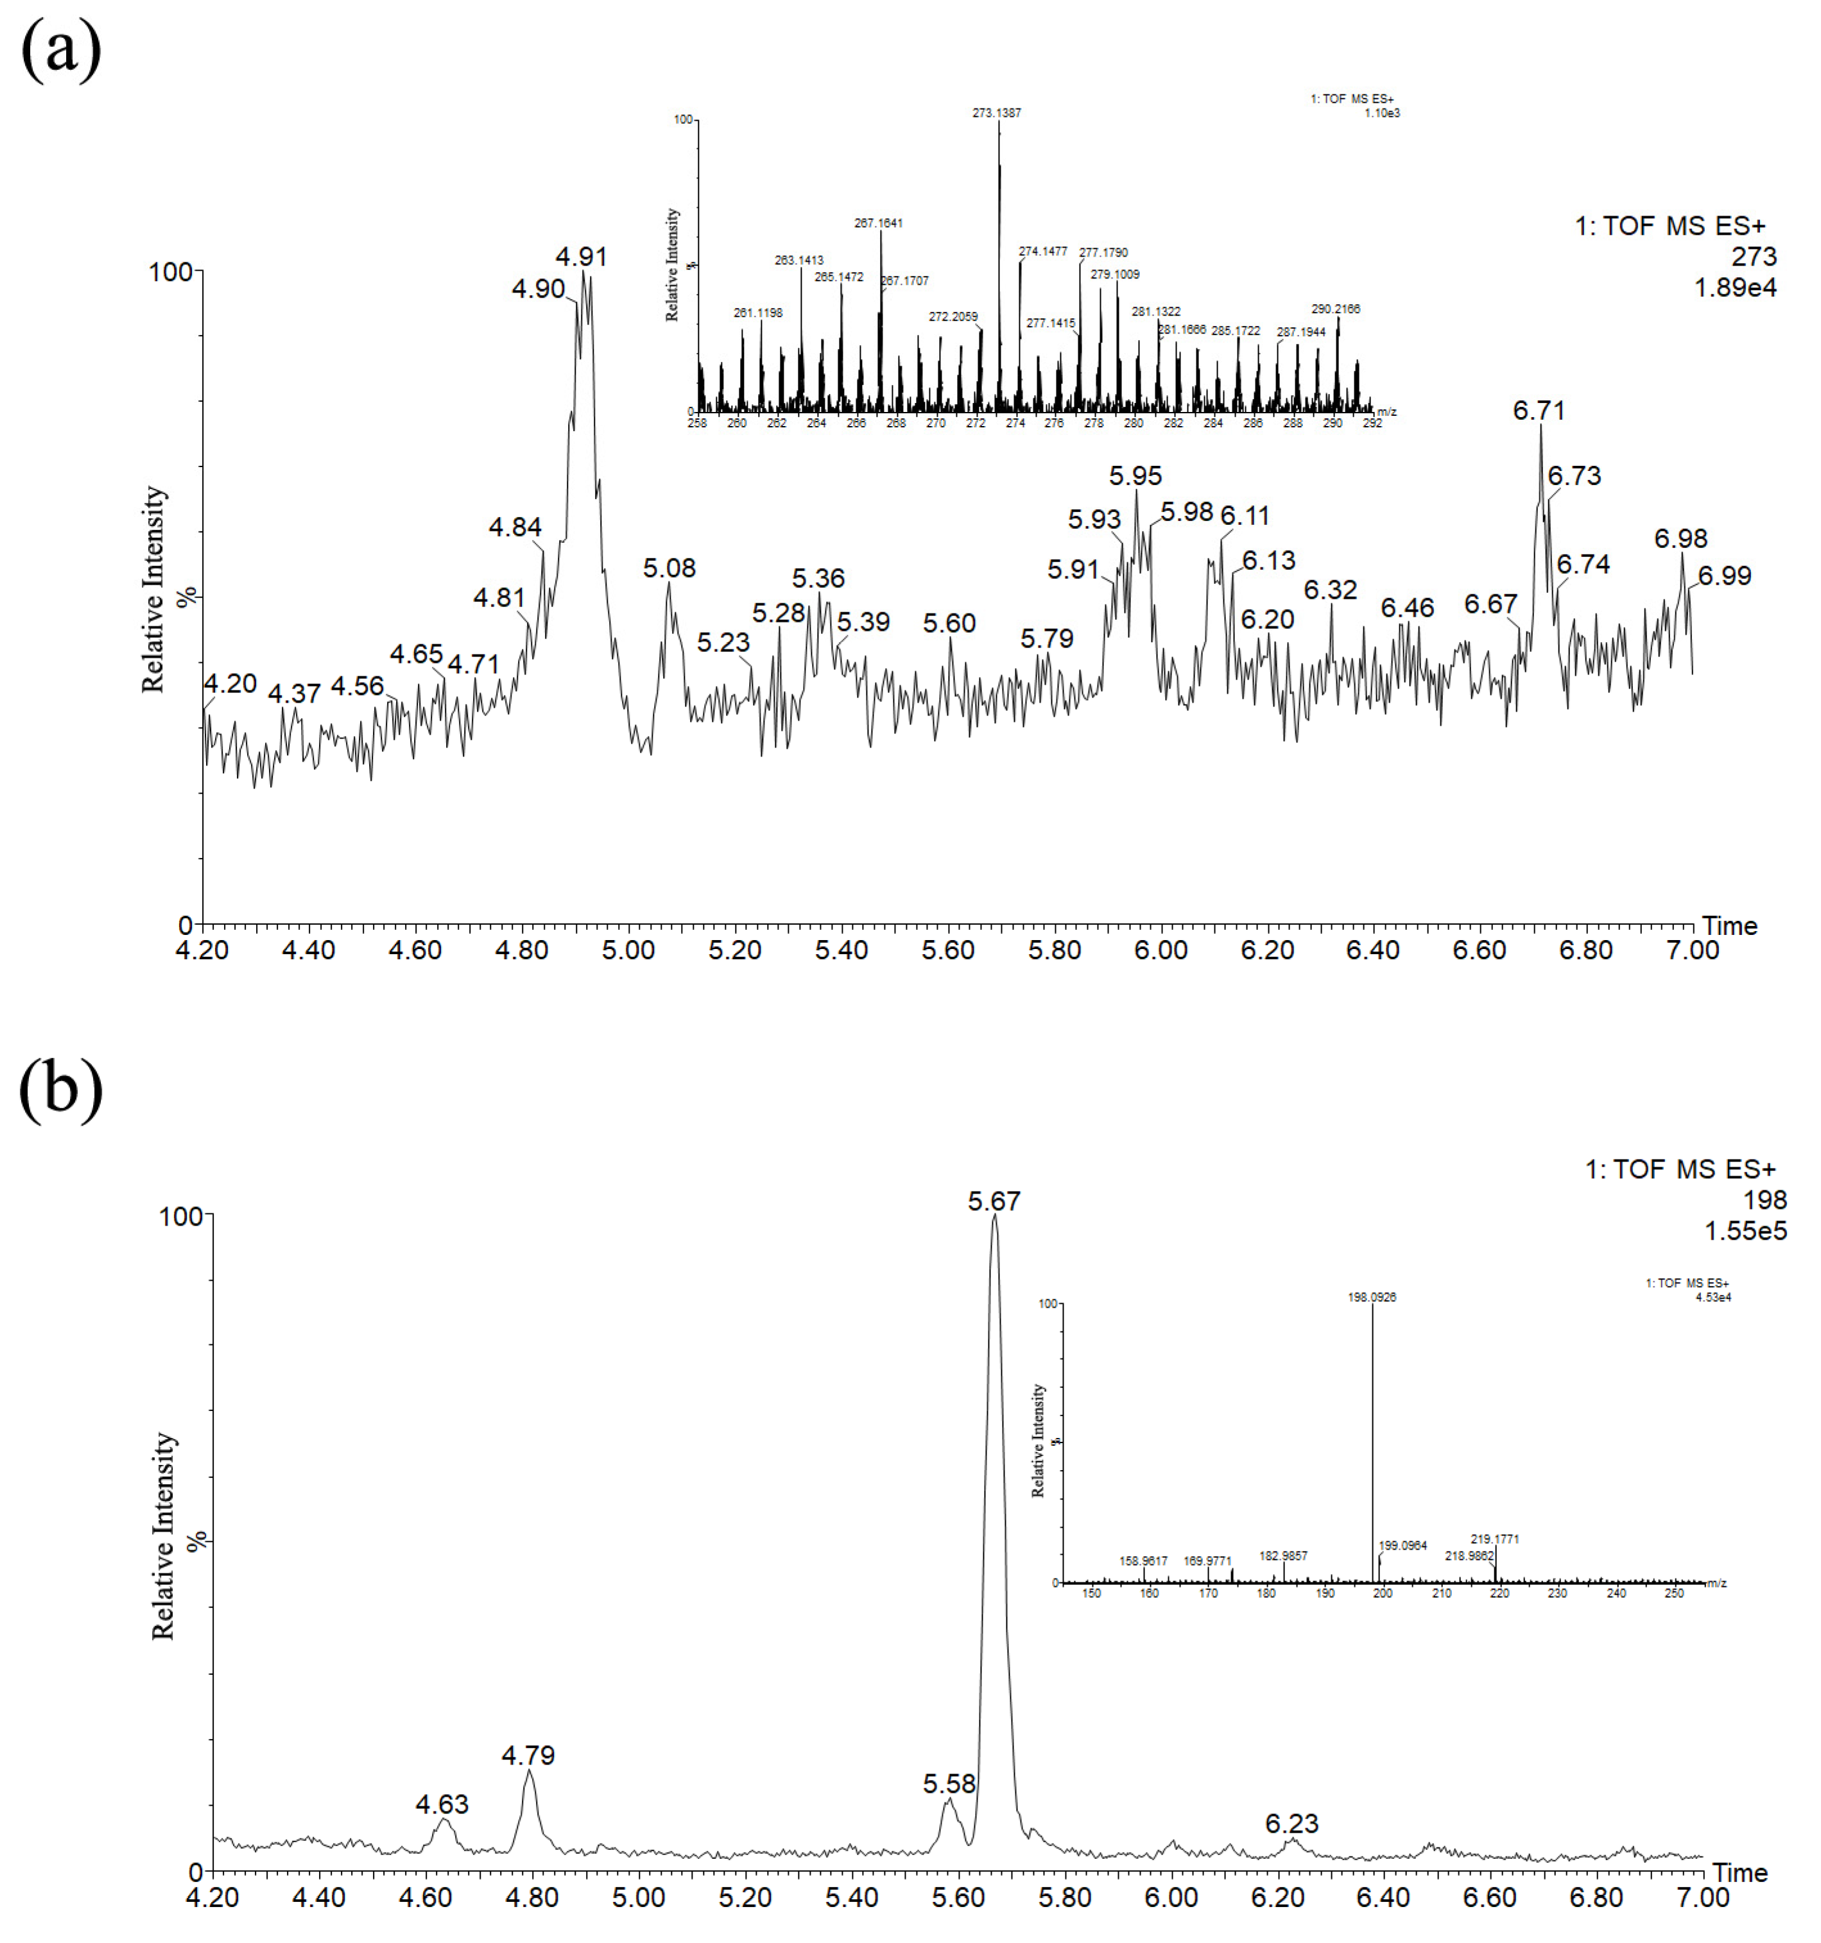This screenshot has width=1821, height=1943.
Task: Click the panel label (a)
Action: tap(60, 50)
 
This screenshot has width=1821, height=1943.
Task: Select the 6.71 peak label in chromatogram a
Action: tap(1539, 411)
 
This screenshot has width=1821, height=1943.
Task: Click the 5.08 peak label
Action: tap(669, 568)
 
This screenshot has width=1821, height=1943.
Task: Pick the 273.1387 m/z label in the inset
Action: tap(996, 114)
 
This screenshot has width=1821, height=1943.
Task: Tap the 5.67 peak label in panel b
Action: tap(994, 1201)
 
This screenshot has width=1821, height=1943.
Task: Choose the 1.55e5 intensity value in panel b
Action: tap(1746, 1231)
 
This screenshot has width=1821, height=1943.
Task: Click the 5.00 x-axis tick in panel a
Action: tap(628, 950)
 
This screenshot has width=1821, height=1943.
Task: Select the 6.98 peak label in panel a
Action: tap(1680, 538)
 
